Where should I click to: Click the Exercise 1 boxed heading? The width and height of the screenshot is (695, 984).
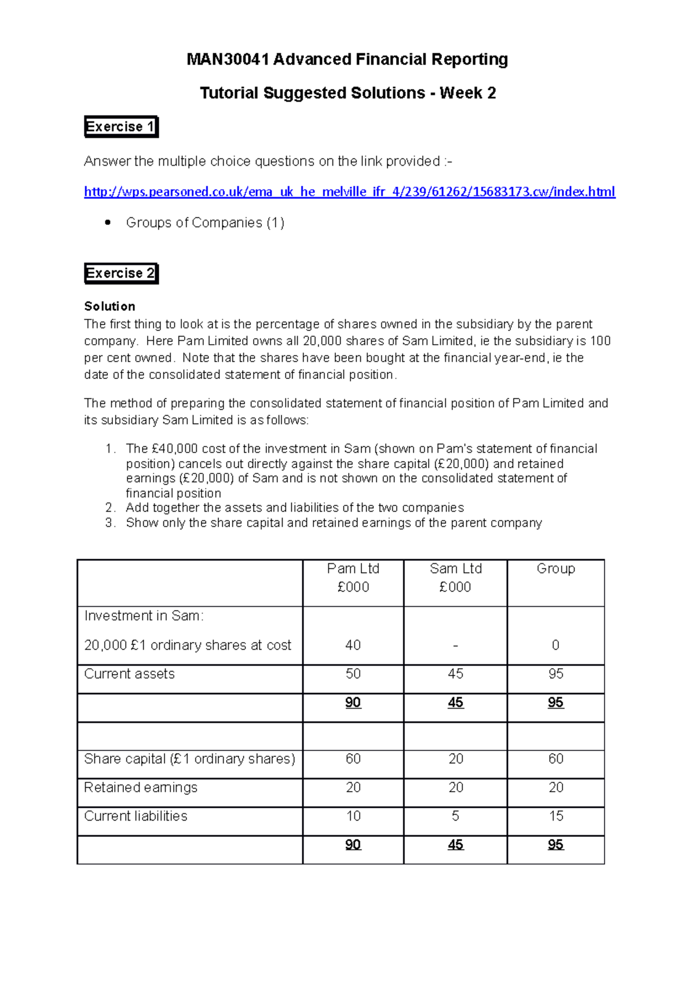[x=120, y=126]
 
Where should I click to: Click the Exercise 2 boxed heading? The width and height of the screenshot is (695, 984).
[x=120, y=273]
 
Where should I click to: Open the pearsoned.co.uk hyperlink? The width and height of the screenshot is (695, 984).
[x=349, y=192]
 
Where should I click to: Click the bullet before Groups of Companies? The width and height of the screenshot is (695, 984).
[x=108, y=223]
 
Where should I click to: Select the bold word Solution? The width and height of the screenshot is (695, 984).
[x=109, y=306]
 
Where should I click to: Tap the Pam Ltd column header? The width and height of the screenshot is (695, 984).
[x=353, y=569]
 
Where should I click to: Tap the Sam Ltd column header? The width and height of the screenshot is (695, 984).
[x=455, y=569]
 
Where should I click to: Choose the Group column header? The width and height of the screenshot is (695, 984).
[x=555, y=569]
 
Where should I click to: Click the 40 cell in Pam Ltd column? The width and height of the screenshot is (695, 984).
[x=353, y=645]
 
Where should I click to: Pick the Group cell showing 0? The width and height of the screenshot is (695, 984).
[x=555, y=645]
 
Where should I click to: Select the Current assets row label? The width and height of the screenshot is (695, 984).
[x=129, y=674]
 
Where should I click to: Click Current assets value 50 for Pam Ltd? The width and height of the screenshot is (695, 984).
[x=353, y=674]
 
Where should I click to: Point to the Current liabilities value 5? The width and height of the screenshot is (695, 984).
[x=455, y=816]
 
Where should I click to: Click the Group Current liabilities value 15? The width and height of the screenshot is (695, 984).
[x=555, y=816]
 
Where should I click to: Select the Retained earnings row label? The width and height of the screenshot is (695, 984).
[x=141, y=788]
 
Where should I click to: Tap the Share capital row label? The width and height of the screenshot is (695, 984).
[x=189, y=759]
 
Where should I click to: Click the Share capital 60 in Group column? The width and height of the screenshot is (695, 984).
[x=555, y=759]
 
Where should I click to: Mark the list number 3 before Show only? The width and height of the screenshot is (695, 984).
[x=110, y=523]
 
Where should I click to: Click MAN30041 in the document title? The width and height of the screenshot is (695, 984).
[x=228, y=60]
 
